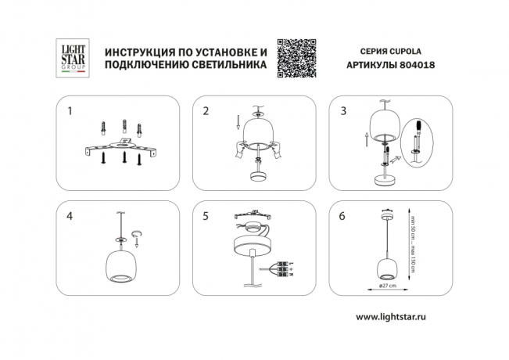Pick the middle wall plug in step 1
tap(123, 126)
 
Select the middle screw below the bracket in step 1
tap(123, 159)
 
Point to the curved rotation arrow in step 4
tap(138, 233)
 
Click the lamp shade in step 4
tap(121, 266)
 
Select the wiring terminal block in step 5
tap(280, 268)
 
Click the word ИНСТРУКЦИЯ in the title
tap(138, 51)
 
